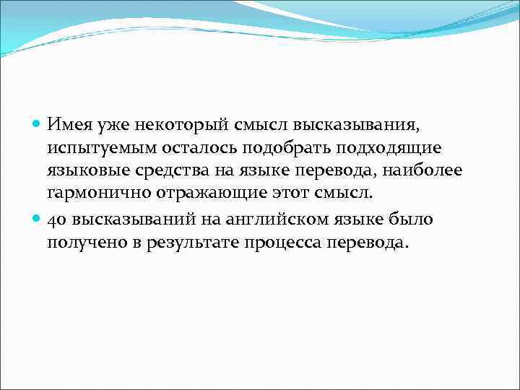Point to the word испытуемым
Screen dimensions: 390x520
[x=98, y=149]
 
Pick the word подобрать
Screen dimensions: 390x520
[x=275, y=147]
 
